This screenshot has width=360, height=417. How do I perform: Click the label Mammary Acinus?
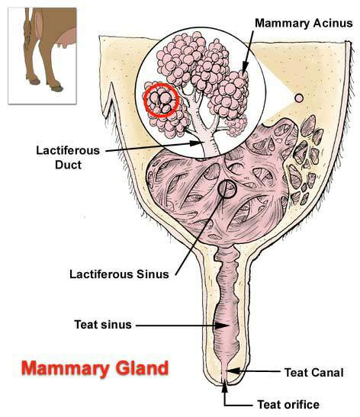click(x=304, y=23)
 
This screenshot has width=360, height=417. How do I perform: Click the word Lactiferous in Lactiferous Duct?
click(x=68, y=150)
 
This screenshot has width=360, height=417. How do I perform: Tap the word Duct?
click(x=68, y=165)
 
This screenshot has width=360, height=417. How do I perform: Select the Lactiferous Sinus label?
click(x=119, y=274)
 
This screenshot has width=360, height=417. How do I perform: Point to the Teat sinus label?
click(x=103, y=325)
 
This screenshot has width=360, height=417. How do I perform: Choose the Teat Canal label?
click(x=314, y=373)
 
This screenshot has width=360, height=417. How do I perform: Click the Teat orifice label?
click(x=288, y=405)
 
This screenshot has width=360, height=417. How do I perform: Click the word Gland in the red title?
click(x=142, y=369)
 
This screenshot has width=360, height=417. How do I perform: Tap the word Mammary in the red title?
click(x=66, y=369)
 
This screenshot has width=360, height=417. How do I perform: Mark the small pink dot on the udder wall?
click(x=299, y=98)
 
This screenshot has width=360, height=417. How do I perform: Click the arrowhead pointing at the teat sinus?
click(x=222, y=326)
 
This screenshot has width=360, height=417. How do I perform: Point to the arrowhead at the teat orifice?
click(x=225, y=386)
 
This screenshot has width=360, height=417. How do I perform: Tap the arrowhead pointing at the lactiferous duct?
click(x=196, y=143)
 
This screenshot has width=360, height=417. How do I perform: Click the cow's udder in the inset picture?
click(x=65, y=38)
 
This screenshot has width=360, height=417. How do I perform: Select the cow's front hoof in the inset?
click(x=56, y=88)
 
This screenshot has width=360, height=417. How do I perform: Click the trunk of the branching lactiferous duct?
click(x=211, y=143)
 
